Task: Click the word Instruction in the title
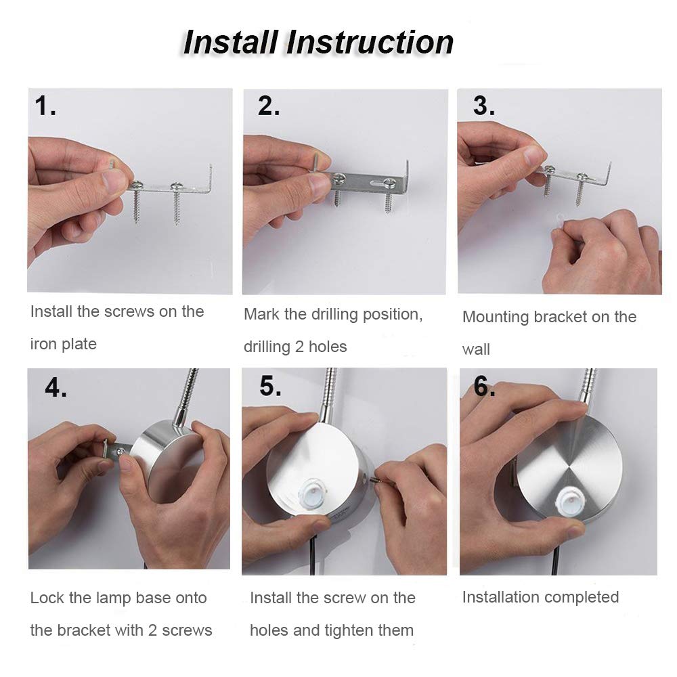coord(370,43)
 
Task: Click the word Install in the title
coord(230,43)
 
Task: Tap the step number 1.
coord(45,106)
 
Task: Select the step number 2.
coord(269,106)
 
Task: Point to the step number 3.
coord(483,106)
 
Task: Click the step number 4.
coord(56,387)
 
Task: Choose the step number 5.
coord(270,386)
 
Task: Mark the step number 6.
coord(484,386)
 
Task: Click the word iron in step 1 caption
coord(43,344)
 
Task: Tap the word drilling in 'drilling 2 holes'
coord(267,347)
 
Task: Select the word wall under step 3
coord(476,349)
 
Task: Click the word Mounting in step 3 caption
coord(496,318)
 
